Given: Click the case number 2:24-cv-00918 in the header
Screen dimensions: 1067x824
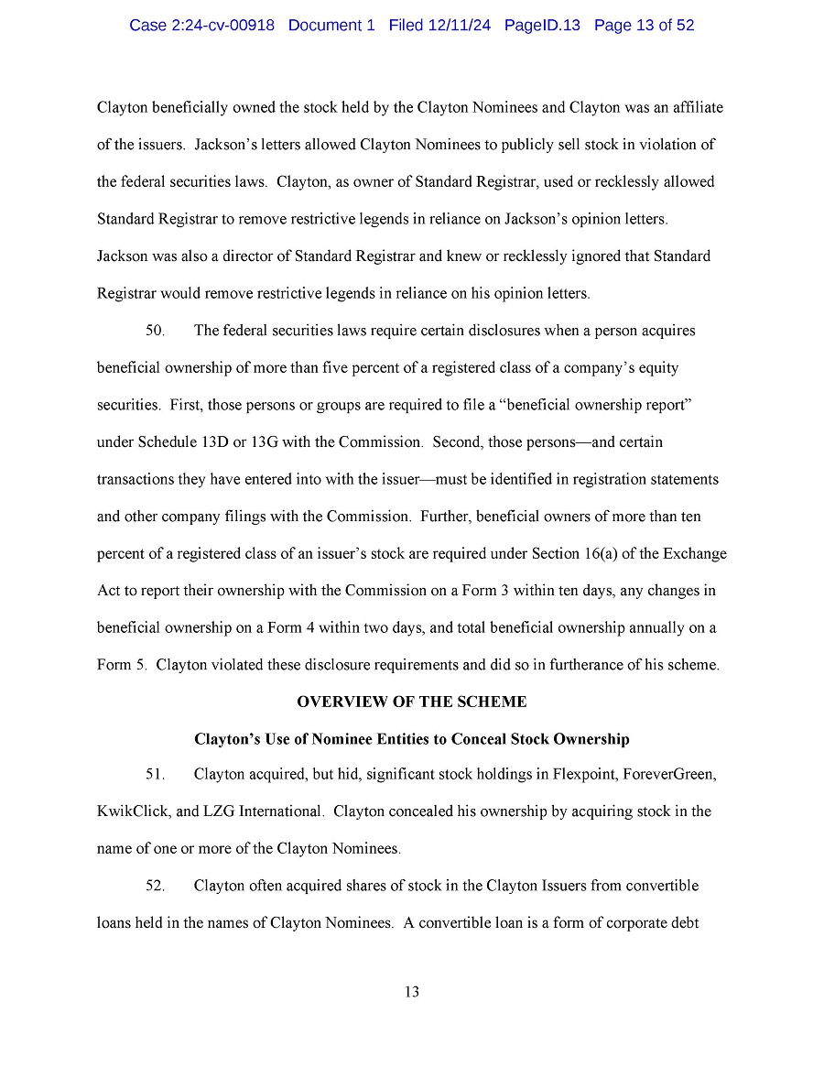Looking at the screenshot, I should [x=222, y=26].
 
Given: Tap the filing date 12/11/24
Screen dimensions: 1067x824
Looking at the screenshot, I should [x=458, y=26].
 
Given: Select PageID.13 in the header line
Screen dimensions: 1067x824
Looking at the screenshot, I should [x=542, y=26].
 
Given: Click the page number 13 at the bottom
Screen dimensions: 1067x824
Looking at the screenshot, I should [x=412, y=992].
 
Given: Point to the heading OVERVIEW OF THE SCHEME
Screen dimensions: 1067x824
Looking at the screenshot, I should [x=412, y=702].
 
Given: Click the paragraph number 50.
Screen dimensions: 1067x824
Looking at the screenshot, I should [x=156, y=330].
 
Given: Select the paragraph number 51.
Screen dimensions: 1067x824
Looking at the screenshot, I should [x=156, y=774].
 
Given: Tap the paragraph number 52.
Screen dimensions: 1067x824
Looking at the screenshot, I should [x=156, y=886].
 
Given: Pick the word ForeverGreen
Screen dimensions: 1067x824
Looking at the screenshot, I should [x=669, y=774].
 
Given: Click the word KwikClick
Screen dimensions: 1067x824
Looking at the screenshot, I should [x=129, y=811].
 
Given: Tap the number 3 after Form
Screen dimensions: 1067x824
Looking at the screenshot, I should [x=504, y=591].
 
